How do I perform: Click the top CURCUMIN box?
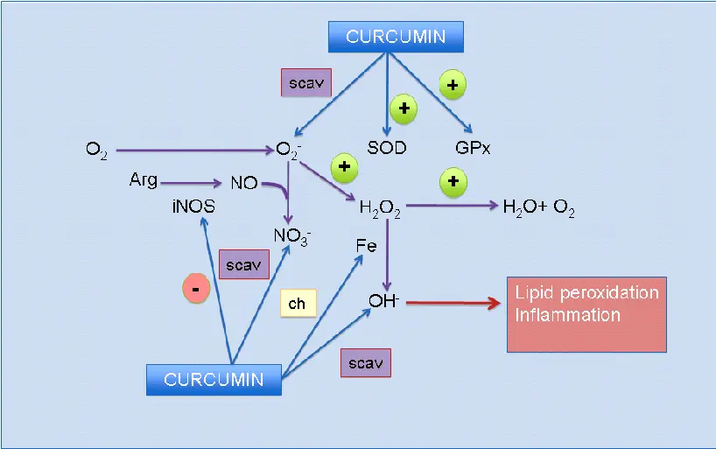coord(396,37)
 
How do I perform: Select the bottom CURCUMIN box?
coord(214,379)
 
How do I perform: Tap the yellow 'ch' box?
coord(297,304)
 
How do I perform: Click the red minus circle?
coord(196,289)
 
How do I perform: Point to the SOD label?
coord(387,148)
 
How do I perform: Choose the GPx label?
coord(473,148)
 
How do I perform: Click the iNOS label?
coord(193,207)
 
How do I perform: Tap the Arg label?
coord(143,180)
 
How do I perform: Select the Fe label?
coord(366,246)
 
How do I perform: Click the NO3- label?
coord(292,235)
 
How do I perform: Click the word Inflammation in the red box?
coord(567,315)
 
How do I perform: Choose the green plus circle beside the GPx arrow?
coord(453,85)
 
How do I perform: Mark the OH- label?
coord(383,300)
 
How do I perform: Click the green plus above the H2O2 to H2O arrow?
coord(453,182)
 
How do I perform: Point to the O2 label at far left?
coord(96,150)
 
